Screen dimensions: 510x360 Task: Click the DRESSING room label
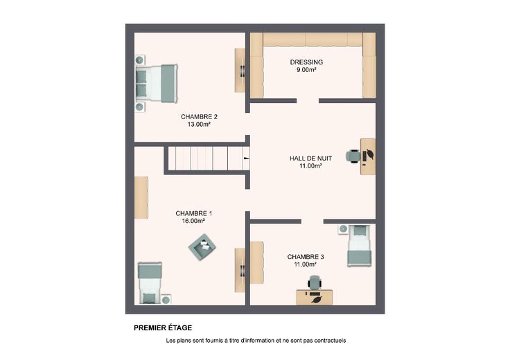click(306, 62)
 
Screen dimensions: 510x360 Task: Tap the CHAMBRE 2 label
click(199, 116)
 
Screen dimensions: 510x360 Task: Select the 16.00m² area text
click(193, 221)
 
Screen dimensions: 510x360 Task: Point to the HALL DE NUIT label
click(310, 159)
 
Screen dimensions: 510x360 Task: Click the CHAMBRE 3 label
click(306, 257)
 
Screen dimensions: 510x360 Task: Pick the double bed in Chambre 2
click(157, 83)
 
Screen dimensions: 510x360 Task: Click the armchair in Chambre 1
click(202, 247)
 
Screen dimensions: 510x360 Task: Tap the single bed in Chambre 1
click(150, 282)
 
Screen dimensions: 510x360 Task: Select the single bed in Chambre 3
click(359, 245)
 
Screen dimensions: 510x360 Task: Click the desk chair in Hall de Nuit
click(353, 156)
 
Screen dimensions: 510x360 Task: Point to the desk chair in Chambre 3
click(315, 282)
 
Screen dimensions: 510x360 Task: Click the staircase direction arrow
click(246, 159)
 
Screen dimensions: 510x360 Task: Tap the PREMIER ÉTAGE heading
click(163, 328)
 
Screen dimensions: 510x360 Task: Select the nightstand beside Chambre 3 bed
click(343, 229)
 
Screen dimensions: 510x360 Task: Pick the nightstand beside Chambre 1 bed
click(166, 299)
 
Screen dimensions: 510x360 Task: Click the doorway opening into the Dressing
click(308, 101)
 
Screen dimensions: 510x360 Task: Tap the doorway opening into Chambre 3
click(313, 222)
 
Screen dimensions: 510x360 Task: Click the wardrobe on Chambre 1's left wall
click(141, 197)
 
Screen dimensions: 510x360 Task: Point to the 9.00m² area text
click(306, 70)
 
